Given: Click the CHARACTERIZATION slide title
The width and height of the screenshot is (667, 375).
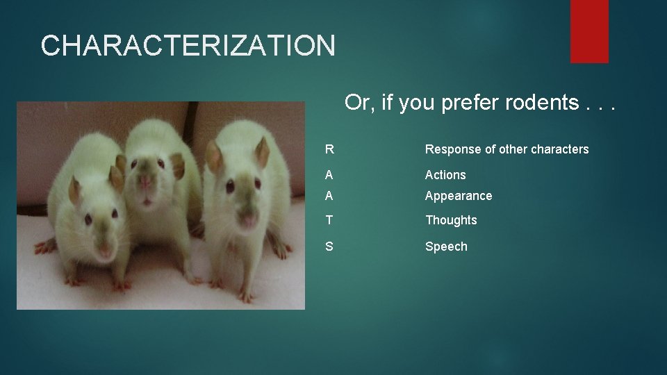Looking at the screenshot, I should [188, 46].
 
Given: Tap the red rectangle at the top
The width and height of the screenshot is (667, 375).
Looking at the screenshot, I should [589, 31].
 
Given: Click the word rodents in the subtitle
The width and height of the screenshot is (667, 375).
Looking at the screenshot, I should [541, 103].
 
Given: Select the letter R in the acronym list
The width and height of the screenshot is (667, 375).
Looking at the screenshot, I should [329, 149].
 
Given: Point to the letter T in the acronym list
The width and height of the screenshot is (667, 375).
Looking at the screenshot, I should [329, 220].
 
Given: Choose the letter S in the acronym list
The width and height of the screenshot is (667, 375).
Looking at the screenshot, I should [329, 247].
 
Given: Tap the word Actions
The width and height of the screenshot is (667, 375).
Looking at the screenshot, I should [445, 175].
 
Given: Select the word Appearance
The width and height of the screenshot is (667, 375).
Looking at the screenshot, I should [459, 196].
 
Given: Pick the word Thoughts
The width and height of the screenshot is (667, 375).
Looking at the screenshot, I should [451, 220].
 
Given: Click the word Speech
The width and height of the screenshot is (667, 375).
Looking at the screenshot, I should [446, 247].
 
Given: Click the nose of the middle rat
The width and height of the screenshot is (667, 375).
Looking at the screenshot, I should [146, 183].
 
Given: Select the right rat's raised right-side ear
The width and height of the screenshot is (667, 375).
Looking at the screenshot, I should [262, 151].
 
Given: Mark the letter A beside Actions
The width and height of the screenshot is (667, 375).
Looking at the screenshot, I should [329, 175].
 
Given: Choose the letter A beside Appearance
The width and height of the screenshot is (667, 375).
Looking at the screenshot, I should [329, 196].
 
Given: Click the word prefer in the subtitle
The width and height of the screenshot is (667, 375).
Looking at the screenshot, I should [474, 103].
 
